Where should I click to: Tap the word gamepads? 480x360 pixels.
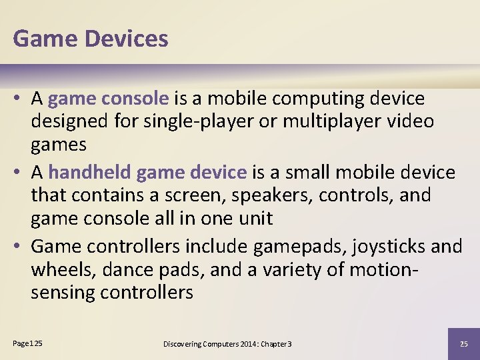pos(291,247)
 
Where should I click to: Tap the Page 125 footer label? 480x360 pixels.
pos(27,343)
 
